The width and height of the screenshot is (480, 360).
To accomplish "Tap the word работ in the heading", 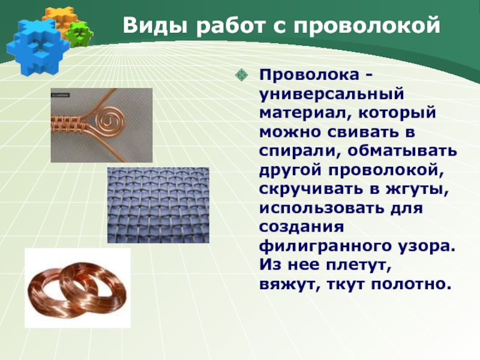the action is pyautogui.click(x=230, y=25).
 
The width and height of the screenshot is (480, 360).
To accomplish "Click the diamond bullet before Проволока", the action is pyautogui.click(x=242, y=74).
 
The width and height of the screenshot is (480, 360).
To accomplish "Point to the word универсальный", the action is pyautogui.click(x=332, y=95).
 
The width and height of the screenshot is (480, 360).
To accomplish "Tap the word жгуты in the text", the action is pyautogui.click(x=417, y=190).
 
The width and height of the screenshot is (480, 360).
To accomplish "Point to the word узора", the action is pyautogui.click(x=427, y=247).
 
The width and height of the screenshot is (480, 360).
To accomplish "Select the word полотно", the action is pyautogui.click(x=412, y=284).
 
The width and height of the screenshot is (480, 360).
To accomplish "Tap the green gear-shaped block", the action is pyautogui.click(x=79, y=34).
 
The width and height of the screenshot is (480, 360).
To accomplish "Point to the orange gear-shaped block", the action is pyautogui.click(x=62, y=18).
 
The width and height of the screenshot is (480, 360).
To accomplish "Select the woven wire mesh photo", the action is pyautogui.click(x=158, y=205).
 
